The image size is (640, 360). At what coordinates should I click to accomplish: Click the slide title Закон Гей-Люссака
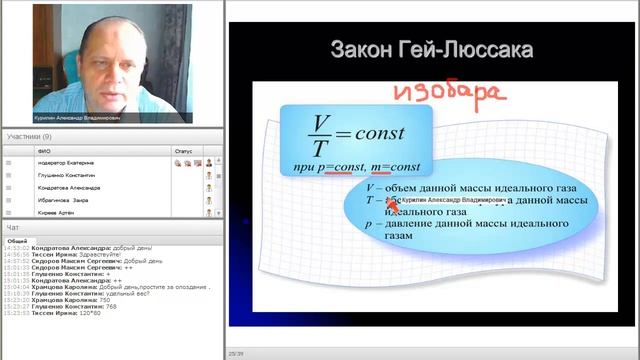(x=431, y=50)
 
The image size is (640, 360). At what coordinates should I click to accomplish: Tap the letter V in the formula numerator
(x=320, y=122)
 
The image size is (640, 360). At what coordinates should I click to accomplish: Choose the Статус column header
(x=182, y=152)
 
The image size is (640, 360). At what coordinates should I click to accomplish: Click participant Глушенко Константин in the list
(x=69, y=174)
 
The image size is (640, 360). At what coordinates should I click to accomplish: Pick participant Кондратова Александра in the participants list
(x=69, y=187)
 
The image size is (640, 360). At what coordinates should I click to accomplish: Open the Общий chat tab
(x=17, y=241)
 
